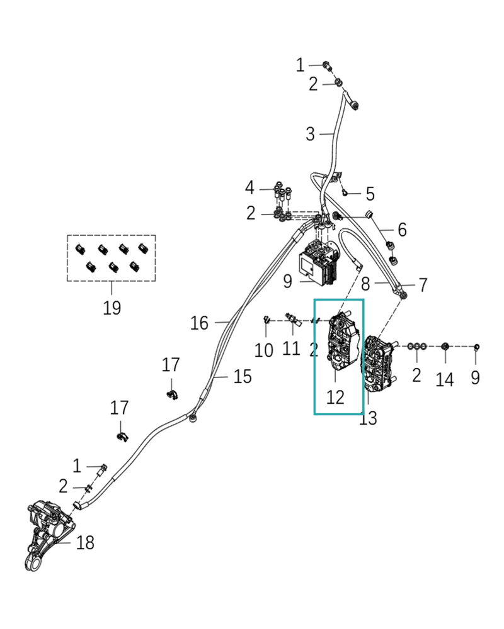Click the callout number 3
310,134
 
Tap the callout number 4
250,187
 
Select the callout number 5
370,193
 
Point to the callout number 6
401,230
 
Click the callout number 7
423,284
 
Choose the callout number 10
264,350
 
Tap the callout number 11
291,347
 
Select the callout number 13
368,418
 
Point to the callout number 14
445,379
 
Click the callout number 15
242,377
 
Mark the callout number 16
199,323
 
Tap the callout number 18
85,542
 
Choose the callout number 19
112,308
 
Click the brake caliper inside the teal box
342,343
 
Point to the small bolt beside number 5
346,192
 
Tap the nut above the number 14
445,347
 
